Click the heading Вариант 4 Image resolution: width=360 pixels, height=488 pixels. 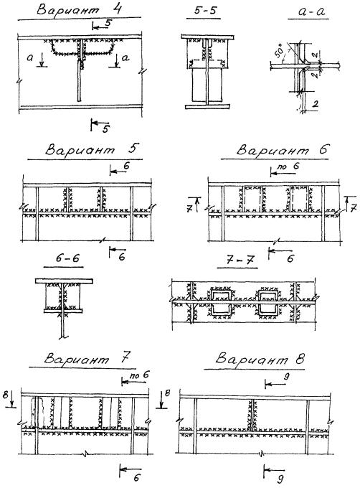tap(79, 9)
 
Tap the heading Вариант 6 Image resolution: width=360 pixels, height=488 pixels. tap(283, 150)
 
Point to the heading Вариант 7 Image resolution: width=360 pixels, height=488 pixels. tap(86, 358)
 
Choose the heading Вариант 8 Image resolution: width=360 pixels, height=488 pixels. tap(260, 359)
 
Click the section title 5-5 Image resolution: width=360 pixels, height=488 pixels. tap(204, 10)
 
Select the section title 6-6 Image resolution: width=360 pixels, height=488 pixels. tap(67, 258)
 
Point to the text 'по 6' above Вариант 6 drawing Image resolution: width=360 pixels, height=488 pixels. tap(288, 166)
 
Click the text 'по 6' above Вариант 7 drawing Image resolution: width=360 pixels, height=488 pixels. tap(139, 375)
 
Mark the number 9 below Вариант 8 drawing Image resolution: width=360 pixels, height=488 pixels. tap(280, 478)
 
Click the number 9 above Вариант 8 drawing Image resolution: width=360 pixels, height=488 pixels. tap(287, 377)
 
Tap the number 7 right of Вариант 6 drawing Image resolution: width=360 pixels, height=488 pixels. tap(353, 208)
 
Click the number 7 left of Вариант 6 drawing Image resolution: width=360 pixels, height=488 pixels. tap(189, 208)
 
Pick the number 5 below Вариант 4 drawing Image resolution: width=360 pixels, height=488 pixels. tap(105, 129)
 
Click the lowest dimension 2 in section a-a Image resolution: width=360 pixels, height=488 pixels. tap(315, 104)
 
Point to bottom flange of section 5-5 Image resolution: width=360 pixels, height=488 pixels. tap(208, 107)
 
